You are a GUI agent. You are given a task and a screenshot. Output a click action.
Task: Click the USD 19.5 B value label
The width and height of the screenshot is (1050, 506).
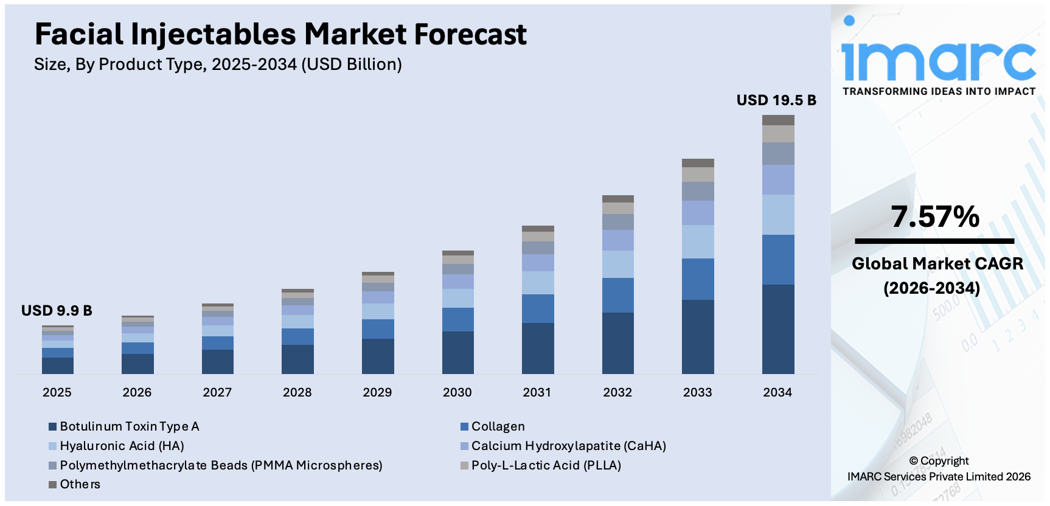(776, 100)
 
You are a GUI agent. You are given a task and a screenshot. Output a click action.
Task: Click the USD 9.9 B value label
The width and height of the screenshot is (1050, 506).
(57, 311)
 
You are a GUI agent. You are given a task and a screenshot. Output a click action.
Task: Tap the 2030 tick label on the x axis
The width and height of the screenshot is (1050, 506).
(457, 392)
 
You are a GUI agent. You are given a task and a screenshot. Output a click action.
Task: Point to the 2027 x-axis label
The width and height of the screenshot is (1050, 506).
(217, 392)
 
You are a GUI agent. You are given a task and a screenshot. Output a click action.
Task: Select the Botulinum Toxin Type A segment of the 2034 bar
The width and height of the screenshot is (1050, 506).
(778, 328)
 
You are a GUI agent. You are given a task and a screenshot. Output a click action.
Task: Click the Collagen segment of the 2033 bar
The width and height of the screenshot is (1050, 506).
(698, 279)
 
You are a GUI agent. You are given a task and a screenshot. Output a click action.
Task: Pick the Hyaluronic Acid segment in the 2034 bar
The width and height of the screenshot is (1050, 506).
(778, 215)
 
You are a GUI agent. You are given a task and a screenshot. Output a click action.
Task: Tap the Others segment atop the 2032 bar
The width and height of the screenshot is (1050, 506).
(617, 199)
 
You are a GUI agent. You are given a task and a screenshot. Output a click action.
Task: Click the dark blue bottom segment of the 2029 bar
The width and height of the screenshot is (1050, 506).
(378, 356)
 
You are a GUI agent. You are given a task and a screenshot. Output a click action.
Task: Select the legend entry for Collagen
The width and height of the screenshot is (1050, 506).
(498, 426)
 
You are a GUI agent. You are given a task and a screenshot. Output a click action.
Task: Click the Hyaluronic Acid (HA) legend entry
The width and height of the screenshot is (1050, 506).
(122, 446)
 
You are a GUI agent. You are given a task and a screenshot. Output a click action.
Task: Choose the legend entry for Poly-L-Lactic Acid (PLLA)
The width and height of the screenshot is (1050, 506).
(546, 465)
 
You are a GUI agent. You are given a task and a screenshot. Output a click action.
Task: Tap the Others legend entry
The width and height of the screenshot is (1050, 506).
(80, 484)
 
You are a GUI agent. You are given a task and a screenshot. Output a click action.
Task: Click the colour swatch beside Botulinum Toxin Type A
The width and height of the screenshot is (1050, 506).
(53, 427)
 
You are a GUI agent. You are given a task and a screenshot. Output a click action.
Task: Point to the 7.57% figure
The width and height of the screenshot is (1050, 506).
(935, 217)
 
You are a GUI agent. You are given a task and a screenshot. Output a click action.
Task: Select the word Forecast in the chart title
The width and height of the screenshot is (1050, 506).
(470, 34)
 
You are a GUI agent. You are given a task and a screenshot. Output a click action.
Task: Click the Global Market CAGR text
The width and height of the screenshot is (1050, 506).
(937, 264)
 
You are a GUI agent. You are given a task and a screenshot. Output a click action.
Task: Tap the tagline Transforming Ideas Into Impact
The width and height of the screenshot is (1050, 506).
(939, 91)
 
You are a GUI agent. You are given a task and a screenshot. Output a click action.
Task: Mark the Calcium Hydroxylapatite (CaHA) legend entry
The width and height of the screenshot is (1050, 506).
(568, 446)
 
